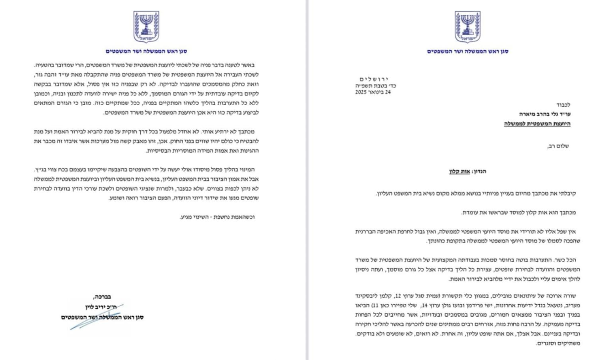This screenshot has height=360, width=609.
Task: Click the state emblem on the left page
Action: [x=146, y=27]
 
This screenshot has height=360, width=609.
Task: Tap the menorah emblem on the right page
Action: [x=467, y=27]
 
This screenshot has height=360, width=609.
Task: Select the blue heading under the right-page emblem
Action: [x=467, y=51]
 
